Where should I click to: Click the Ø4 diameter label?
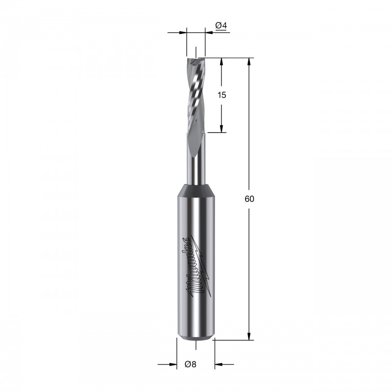tap(221, 25)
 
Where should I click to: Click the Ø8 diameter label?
tap(191, 364)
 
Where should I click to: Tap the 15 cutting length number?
tap(222, 95)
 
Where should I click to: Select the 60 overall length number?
tap(249, 199)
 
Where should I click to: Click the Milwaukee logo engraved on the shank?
tap(199, 267)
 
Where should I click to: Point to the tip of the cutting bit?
tap(196, 58)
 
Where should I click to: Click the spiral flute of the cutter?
tap(196, 95)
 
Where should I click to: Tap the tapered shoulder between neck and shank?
tap(196, 190)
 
